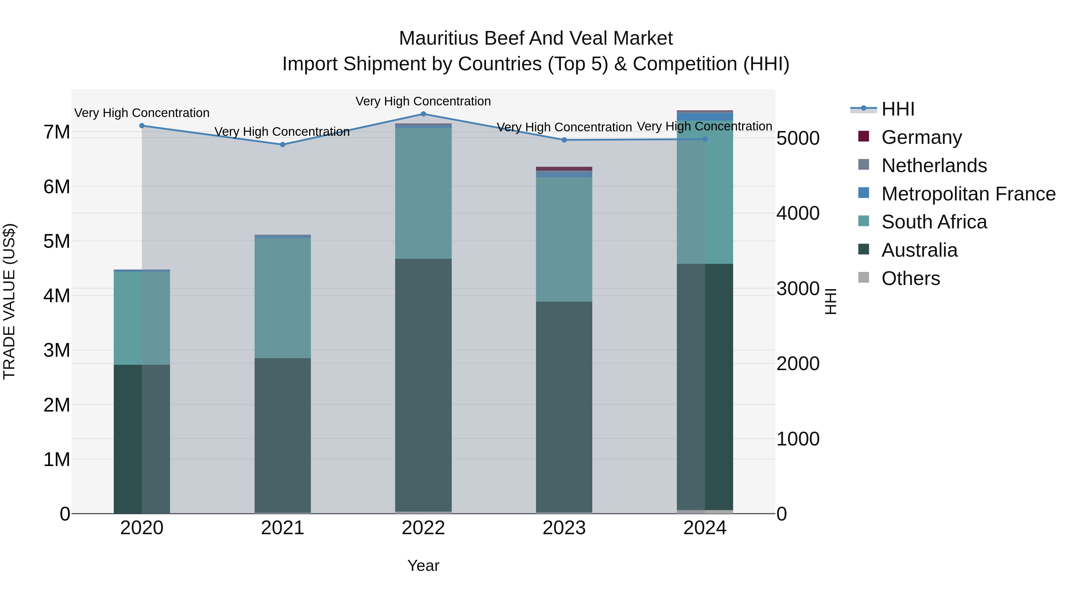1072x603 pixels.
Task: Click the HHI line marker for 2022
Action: [423, 114]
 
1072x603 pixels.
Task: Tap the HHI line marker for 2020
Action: [142, 126]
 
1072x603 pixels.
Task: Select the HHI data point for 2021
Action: [283, 144]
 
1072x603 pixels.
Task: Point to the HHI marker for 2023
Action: [564, 140]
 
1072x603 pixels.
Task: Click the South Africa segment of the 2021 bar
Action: [283, 297]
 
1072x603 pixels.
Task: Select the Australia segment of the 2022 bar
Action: [423, 385]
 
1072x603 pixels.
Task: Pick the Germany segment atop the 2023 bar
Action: [564, 169]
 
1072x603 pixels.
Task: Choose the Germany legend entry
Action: [921, 137]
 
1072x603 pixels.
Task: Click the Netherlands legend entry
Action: [934, 166]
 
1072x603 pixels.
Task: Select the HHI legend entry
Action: [898, 109]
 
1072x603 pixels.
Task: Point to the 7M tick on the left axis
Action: [57, 132]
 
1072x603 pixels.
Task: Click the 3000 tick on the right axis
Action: [798, 289]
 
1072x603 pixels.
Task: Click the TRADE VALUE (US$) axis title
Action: [9, 301]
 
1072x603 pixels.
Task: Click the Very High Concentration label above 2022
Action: [423, 102]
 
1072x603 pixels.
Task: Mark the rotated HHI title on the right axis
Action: [830, 301]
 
